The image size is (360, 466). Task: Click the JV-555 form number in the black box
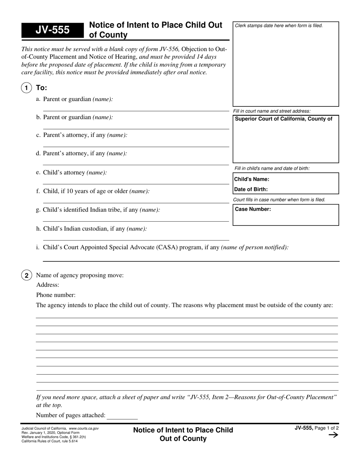[52, 30]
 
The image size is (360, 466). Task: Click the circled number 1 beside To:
[26, 88]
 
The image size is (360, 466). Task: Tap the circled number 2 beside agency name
[26, 275]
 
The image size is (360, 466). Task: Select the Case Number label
[253, 209]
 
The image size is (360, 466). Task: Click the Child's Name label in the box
[252, 179]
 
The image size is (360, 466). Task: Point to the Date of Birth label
[251, 189]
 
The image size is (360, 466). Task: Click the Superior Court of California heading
[283, 119]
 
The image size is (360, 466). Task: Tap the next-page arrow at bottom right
[333, 435]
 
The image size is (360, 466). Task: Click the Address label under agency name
[47, 285]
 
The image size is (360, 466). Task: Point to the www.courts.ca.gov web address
[84, 428]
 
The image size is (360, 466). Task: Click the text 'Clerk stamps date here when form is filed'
[279, 26]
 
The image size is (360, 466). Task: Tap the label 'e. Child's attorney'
[71, 173]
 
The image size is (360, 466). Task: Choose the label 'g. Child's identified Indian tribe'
[98, 210]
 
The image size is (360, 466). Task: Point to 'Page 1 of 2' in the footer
[326, 428]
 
